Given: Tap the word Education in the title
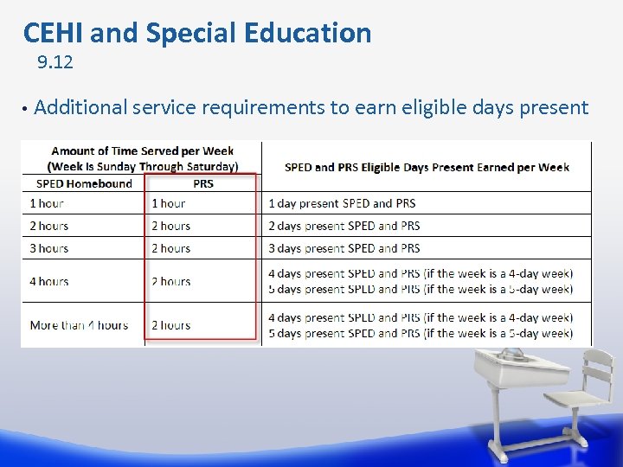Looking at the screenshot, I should click(307, 33).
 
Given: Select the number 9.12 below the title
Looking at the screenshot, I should click(55, 62).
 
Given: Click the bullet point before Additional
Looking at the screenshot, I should click(26, 109).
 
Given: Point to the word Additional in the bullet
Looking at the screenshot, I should click(80, 107).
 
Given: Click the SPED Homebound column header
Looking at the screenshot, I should click(84, 183).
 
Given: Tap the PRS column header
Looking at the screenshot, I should click(202, 183).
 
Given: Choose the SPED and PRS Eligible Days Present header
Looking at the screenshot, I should click(427, 167).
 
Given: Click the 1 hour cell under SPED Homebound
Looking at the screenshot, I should click(47, 203).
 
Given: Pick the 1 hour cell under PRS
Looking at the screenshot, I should click(168, 203).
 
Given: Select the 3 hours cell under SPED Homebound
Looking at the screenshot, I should click(49, 248).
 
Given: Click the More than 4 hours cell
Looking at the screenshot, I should click(79, 325).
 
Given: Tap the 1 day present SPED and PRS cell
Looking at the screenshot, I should click(342, 203).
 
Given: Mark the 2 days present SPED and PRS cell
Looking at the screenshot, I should click(344, 226).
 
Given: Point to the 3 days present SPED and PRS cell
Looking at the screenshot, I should click(344, 248).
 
